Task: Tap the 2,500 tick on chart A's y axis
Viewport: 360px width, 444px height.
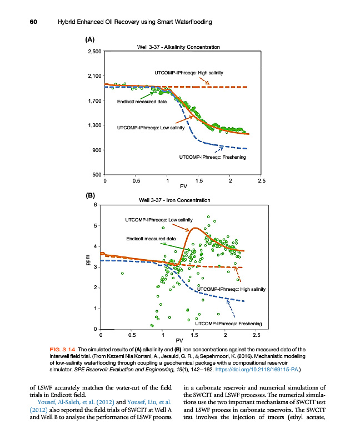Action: click(93, 52)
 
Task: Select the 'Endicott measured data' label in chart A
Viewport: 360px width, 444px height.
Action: click(142, 102)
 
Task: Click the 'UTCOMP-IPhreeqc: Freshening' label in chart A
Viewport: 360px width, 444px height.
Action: click(212, 157)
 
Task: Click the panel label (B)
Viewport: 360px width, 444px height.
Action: click(90, 195)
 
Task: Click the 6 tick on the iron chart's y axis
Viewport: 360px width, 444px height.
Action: click(96, 205)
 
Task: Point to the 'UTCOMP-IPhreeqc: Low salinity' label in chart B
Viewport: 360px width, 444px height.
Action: click(158, 220)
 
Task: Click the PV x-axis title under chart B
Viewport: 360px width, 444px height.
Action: click(179, 340)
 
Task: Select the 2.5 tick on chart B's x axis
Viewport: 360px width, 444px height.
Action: click(257, 335)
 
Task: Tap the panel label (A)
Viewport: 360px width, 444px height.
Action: click(90, 40)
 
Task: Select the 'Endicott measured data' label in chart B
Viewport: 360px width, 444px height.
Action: click(151, 239)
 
